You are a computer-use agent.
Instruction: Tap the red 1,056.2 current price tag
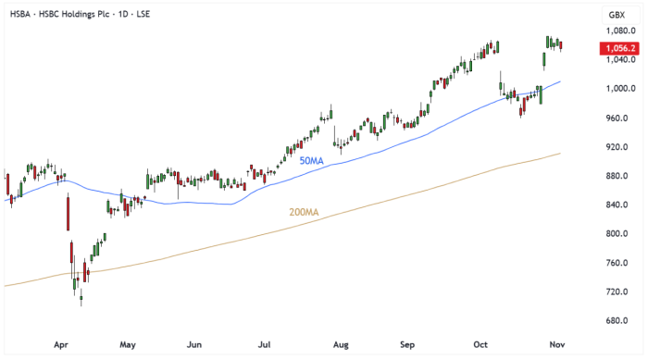(617, 48)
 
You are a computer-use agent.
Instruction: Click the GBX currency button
(617, 14)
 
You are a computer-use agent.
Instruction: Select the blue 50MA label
(311, 161)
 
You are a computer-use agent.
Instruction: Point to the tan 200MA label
(305, 213)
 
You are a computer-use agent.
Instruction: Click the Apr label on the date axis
(62, 345)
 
